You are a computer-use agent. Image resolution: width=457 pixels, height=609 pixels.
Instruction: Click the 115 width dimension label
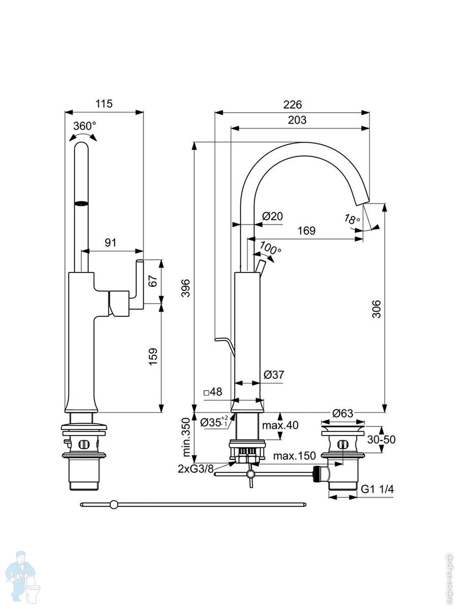104,104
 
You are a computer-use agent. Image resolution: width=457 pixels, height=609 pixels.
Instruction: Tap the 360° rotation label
84,126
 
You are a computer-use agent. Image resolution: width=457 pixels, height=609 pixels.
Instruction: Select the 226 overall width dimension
292,105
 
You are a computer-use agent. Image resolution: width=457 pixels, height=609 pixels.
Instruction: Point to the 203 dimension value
297,120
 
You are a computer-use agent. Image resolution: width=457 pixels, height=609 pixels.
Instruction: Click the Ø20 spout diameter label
272,216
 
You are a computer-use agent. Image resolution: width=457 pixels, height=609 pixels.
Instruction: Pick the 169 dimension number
306,230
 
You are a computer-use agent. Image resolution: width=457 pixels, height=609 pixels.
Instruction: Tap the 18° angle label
351,220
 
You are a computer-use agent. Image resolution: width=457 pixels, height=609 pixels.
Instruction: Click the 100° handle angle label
270,249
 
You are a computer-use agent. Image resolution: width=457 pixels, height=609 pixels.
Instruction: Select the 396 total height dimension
186,288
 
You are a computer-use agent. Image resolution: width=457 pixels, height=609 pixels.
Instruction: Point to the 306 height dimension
376,308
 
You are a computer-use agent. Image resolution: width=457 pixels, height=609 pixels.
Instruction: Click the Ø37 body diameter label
274,375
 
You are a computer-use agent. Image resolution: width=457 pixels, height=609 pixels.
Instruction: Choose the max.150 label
295,455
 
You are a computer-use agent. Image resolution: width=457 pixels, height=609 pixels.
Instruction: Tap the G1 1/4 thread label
378,489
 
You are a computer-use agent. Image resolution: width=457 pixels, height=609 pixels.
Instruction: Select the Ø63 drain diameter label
343,413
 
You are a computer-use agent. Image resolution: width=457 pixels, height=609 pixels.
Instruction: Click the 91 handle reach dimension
110,243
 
